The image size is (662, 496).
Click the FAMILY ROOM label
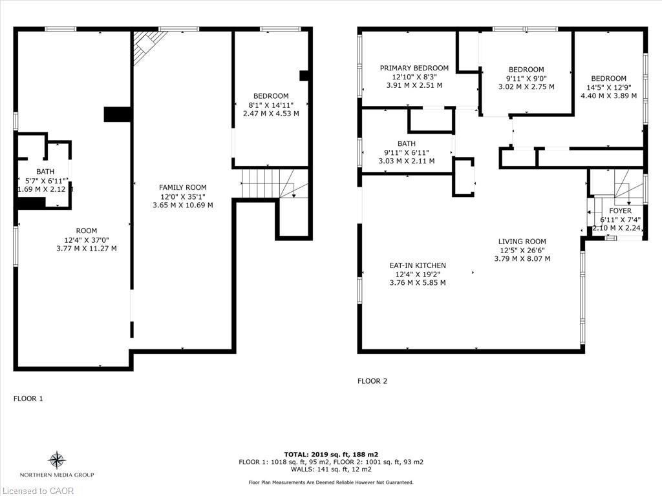pos(184,187)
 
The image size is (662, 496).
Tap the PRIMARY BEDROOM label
pos(414,68)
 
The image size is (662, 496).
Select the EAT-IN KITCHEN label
pos(417,265)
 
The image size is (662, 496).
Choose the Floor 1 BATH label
pos(45,171)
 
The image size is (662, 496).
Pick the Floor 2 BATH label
pos(407,143)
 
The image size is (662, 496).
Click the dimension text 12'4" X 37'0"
pos(86,240)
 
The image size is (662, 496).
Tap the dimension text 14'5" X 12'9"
pos(608,87)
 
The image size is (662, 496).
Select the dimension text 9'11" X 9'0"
pos(526,78)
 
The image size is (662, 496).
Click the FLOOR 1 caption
pos(28,398)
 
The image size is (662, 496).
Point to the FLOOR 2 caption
pos(372,381)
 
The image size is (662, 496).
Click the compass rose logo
pos(58,460)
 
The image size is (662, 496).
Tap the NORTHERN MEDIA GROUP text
pos(58,475)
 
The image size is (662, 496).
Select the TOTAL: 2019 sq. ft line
pos(330,454)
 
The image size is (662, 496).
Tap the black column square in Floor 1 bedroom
pos(304,76)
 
